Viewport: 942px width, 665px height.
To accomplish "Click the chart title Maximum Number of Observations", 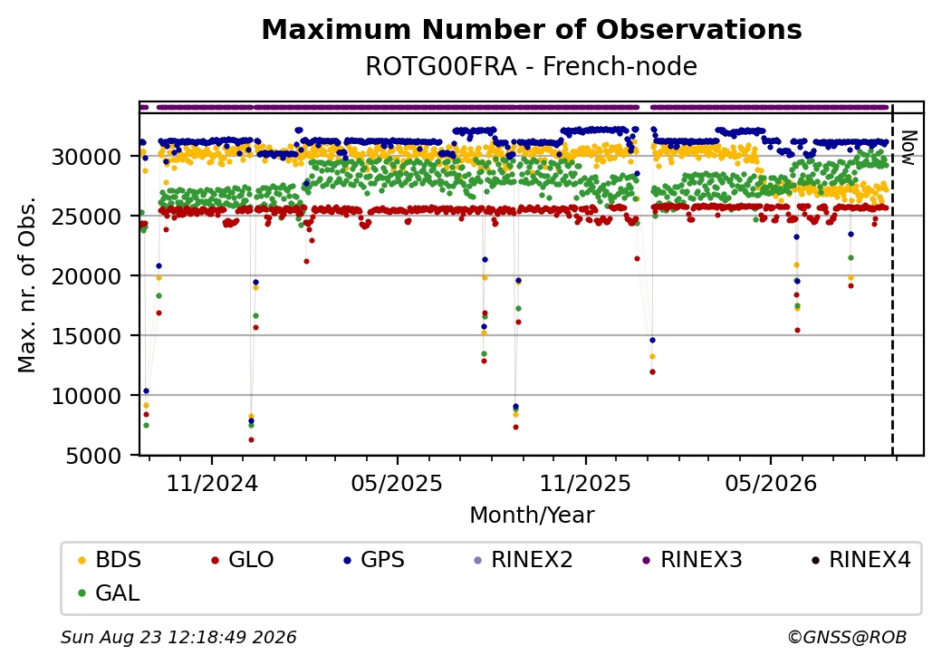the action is (x=532, y=29).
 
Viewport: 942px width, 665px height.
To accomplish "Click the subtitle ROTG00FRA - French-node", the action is (x=532, y=66).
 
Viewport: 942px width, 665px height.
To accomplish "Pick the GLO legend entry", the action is (x=243, y=560).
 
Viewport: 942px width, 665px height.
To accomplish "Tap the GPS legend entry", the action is (x=374, y=560).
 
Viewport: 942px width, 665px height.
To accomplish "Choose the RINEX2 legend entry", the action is (x=524, y=560).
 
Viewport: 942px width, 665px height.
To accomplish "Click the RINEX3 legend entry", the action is (x=693, y=560).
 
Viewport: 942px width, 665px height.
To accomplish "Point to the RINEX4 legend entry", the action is (x=860, y=560).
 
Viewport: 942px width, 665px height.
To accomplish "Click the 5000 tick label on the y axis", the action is (x=93, y=457).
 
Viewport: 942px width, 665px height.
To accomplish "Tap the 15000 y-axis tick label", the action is (x=87, y=337).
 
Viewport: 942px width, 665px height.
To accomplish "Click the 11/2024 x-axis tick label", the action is (x=211, y=483).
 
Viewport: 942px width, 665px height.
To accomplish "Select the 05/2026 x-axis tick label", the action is (x=771, y=483).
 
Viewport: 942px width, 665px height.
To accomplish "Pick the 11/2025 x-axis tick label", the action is (x=585, y=483).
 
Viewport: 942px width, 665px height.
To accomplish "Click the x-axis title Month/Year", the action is (x=532, y=515).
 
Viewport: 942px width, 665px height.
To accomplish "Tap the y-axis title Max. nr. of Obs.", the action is (x=27, y=284).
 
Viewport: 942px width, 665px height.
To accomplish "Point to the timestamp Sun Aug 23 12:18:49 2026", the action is (x=178, y=637).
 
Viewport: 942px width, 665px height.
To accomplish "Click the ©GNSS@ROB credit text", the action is (x=847, y=637).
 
